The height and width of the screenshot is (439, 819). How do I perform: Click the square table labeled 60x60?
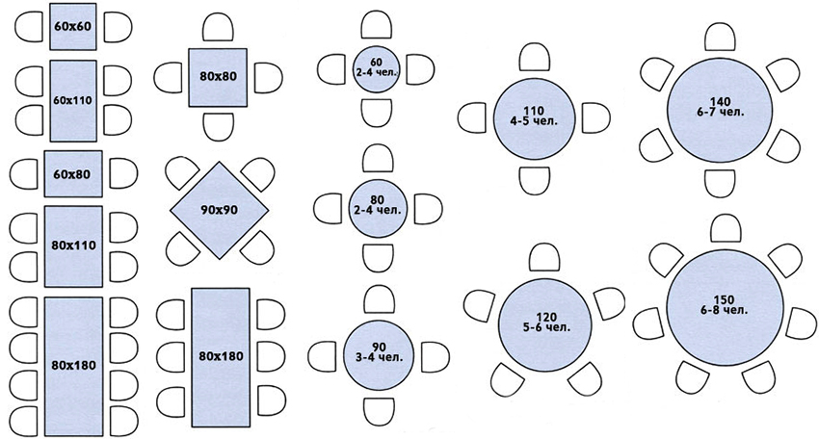73,26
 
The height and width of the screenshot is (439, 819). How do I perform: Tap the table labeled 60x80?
73,174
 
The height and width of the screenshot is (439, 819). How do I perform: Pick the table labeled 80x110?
73,245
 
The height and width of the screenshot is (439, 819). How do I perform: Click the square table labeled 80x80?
220,77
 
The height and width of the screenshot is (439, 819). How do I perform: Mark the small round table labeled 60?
376,68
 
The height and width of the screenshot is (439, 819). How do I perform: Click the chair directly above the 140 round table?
720,37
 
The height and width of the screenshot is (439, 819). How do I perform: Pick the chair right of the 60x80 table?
121,174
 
